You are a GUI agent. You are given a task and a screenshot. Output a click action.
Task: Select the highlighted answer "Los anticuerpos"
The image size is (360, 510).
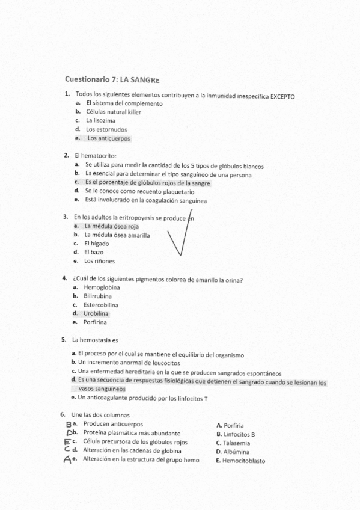tap(108, 138)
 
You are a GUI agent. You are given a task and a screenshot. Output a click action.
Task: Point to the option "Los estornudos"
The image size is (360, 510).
tap(106, 129)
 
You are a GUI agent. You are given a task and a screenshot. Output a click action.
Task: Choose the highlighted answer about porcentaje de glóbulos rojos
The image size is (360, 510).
tap(147, 183)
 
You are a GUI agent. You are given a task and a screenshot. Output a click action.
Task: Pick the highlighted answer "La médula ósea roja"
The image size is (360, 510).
tap(112, 227)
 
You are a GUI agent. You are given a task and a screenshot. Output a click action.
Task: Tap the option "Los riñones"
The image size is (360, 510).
tap(99, 262)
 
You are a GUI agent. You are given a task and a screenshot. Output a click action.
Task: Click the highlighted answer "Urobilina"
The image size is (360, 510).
tap(97, 313)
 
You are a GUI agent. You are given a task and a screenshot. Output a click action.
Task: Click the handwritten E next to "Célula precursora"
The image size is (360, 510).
tap(67, 442)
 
